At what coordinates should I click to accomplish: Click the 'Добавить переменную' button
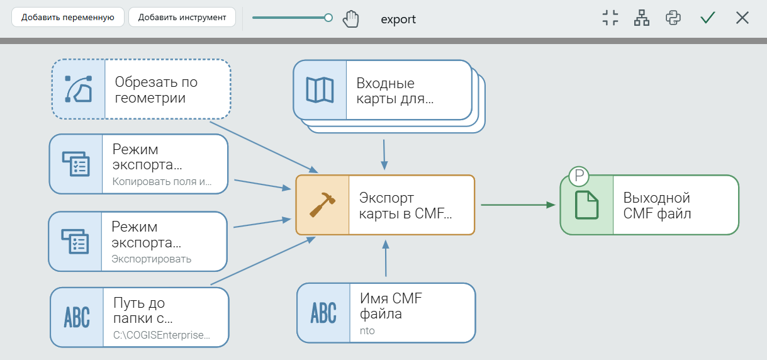click(68, 17)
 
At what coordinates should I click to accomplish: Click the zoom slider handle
click(328, 18)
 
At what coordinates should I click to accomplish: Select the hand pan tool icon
click(350, 18)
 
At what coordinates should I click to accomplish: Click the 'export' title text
click(398, 19)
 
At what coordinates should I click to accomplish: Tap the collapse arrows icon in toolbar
click(610, 18)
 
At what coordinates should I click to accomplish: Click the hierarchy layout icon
click(641, 18)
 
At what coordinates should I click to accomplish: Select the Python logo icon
click(673, 18)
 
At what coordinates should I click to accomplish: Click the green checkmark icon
click(707, 18)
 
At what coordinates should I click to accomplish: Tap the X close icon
click(742, 18)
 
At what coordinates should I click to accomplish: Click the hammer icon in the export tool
click(322, 205)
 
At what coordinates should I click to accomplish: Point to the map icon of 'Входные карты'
click(320, 90)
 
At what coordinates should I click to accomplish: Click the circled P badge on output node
click(579, 176)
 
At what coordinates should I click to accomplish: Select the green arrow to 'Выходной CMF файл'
click(518, 205)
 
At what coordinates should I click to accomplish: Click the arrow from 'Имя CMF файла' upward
click(386, 258)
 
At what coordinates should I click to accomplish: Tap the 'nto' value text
click(367, 330)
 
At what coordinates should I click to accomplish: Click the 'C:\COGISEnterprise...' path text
click(162, 335)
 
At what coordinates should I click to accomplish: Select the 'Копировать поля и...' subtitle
click(162, 181)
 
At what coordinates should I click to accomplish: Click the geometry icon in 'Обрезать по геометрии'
click(79, 89)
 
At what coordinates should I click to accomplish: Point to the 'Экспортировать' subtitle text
click(152, 259)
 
